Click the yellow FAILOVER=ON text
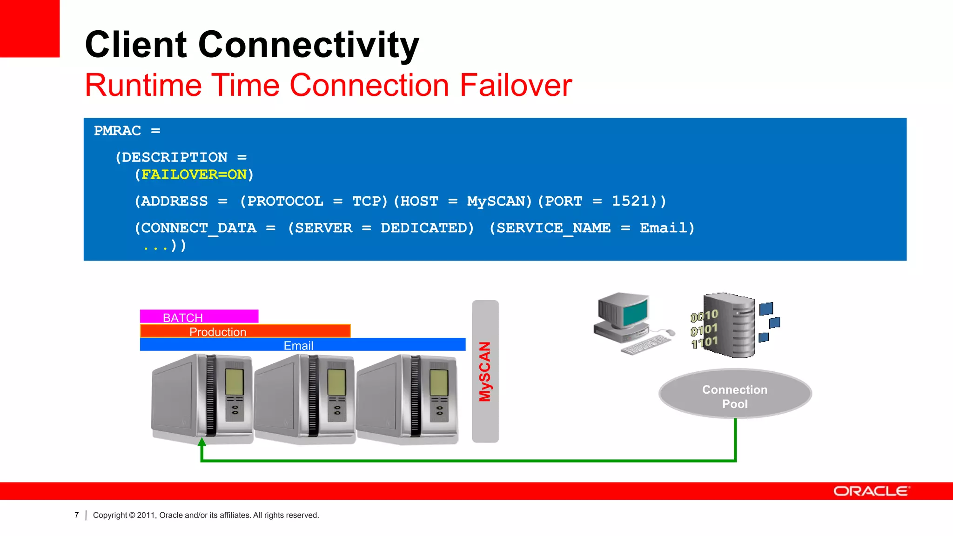click(x=194, y=174)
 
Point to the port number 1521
click(x=630, y=201)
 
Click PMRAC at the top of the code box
click(x=117, y=131)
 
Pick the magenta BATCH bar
click(x=199, y=316)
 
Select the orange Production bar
click(x=245, y=331)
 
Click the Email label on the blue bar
click(x=298, y=345)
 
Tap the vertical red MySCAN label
click(x=485, y=371)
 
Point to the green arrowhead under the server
click(x=201, y=442)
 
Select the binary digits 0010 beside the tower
click(x=704, y=316)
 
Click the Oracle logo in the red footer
click(x=871, y=491)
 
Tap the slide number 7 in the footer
click(x=77, y=515)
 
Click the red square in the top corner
click(x=29, y=28)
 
